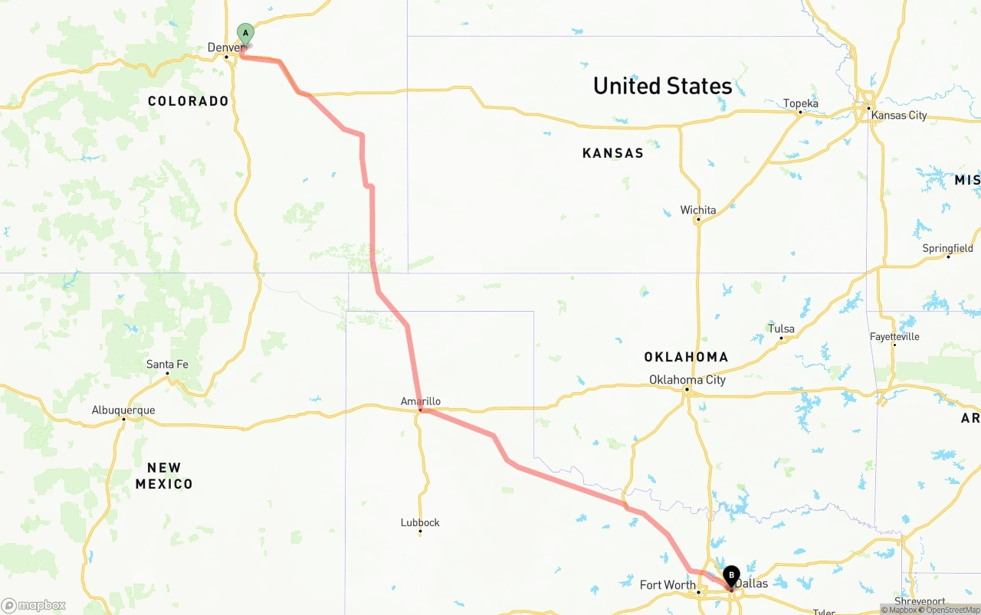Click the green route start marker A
tap(245, 34)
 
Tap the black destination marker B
tap(731, 575)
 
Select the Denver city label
tap(225, 47)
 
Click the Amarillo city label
tap(421, 401)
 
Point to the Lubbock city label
tap(420, 522)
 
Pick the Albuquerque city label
tap(123, 410)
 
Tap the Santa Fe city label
tap(167, 364)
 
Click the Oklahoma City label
tap(687, 380)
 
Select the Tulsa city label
tap(781, 329)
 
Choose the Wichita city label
tap(698, 210)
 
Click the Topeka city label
tap(800, 103)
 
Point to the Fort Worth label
tap(668, 585)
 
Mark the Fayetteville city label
tap(894, 336)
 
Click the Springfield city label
tap(947, 248)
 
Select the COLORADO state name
tap(189, 101)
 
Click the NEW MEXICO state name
tap(164, 475)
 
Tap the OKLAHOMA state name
tap(686, 357)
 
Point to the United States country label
tap(662, 86)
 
